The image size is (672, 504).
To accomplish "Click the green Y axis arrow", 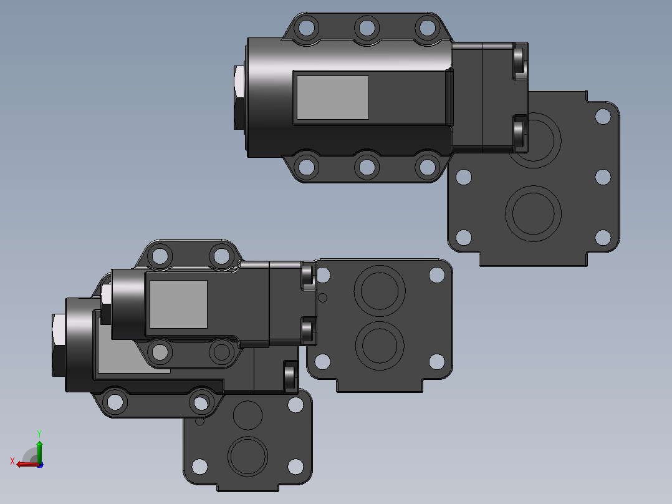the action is pyautogui.click(x=39, y=451).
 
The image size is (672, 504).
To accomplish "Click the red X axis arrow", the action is pyautogui.click(x=28, y=464).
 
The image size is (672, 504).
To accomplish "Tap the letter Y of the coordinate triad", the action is pyautogui.click(x=39, y=434).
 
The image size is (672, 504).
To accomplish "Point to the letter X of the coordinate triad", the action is pyautogui.click(x=12, y=461).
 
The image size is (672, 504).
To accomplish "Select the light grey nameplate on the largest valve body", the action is pyautogui.click(x=333, y=97).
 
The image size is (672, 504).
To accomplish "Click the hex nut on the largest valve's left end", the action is pyautogui.click(x=239, y=97).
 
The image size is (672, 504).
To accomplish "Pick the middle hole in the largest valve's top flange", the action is pyautogui.click(x=367, y=27).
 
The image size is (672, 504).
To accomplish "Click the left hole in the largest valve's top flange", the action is pyautogui.click(x=307, y=27).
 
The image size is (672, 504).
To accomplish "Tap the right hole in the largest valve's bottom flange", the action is pyautogui.click(x=427, y=167).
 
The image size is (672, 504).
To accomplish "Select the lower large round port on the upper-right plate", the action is pyautogui.click(x=533, y=213).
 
